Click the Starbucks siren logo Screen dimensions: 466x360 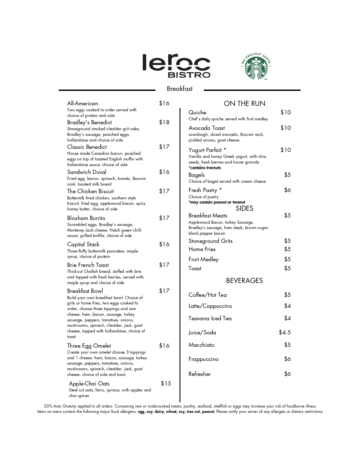tap(256, 67)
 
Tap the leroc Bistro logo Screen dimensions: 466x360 tap(176, 66)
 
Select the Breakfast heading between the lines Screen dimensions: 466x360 tap(180, 89)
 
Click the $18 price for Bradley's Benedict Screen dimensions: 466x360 tap(164, 122)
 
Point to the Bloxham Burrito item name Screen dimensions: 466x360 tap(86, 218)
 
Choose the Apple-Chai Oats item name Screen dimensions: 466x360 tap(89, 384)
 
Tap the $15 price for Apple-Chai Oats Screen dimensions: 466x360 tap(166, 383)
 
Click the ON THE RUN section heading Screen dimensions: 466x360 tap(245, 104)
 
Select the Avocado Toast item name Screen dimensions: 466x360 tap(207, 128)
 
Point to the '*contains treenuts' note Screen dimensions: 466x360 tap(205, 168)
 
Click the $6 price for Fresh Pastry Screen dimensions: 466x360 tap(287, 190)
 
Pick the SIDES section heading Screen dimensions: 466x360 tap(245, 208)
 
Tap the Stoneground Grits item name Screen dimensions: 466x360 tap(211, 241)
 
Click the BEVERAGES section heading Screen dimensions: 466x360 tap(245, 280)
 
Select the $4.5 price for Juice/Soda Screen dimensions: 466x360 tap(285, 332)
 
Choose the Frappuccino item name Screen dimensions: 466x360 tap(204, 359)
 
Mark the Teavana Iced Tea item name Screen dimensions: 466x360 tap(210, 318)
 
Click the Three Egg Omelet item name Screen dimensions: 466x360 tap(89, 346)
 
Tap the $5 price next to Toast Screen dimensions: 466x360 tap(287, 268)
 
